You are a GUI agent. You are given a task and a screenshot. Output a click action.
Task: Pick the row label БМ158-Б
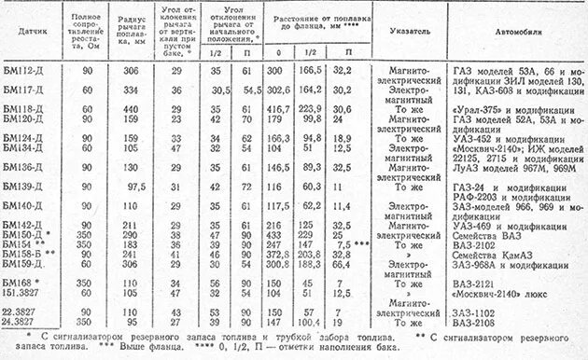[30, 253]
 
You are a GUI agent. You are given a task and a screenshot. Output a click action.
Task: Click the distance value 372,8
[278, 253]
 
